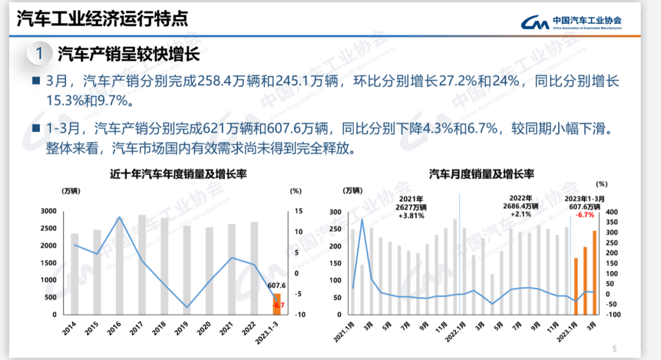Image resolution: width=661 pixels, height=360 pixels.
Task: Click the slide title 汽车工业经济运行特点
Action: click(102, 19)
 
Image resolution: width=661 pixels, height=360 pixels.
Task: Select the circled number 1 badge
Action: click(39, 54)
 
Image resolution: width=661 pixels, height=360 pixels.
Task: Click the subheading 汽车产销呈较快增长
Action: click(129, 54)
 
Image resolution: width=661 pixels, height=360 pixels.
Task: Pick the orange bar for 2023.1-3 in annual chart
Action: click(276, 304)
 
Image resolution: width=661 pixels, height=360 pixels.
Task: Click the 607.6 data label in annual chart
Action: click(277, 285)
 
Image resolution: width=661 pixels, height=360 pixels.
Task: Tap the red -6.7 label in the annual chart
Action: click(279, 305)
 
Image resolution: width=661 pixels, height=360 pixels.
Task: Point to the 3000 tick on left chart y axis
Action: click(48, 211)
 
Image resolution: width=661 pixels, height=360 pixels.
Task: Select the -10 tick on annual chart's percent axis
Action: click(299, 315)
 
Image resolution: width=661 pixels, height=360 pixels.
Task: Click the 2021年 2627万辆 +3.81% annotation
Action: click(411, 208)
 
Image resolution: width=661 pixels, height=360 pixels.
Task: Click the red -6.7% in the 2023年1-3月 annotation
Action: click(586, 215)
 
